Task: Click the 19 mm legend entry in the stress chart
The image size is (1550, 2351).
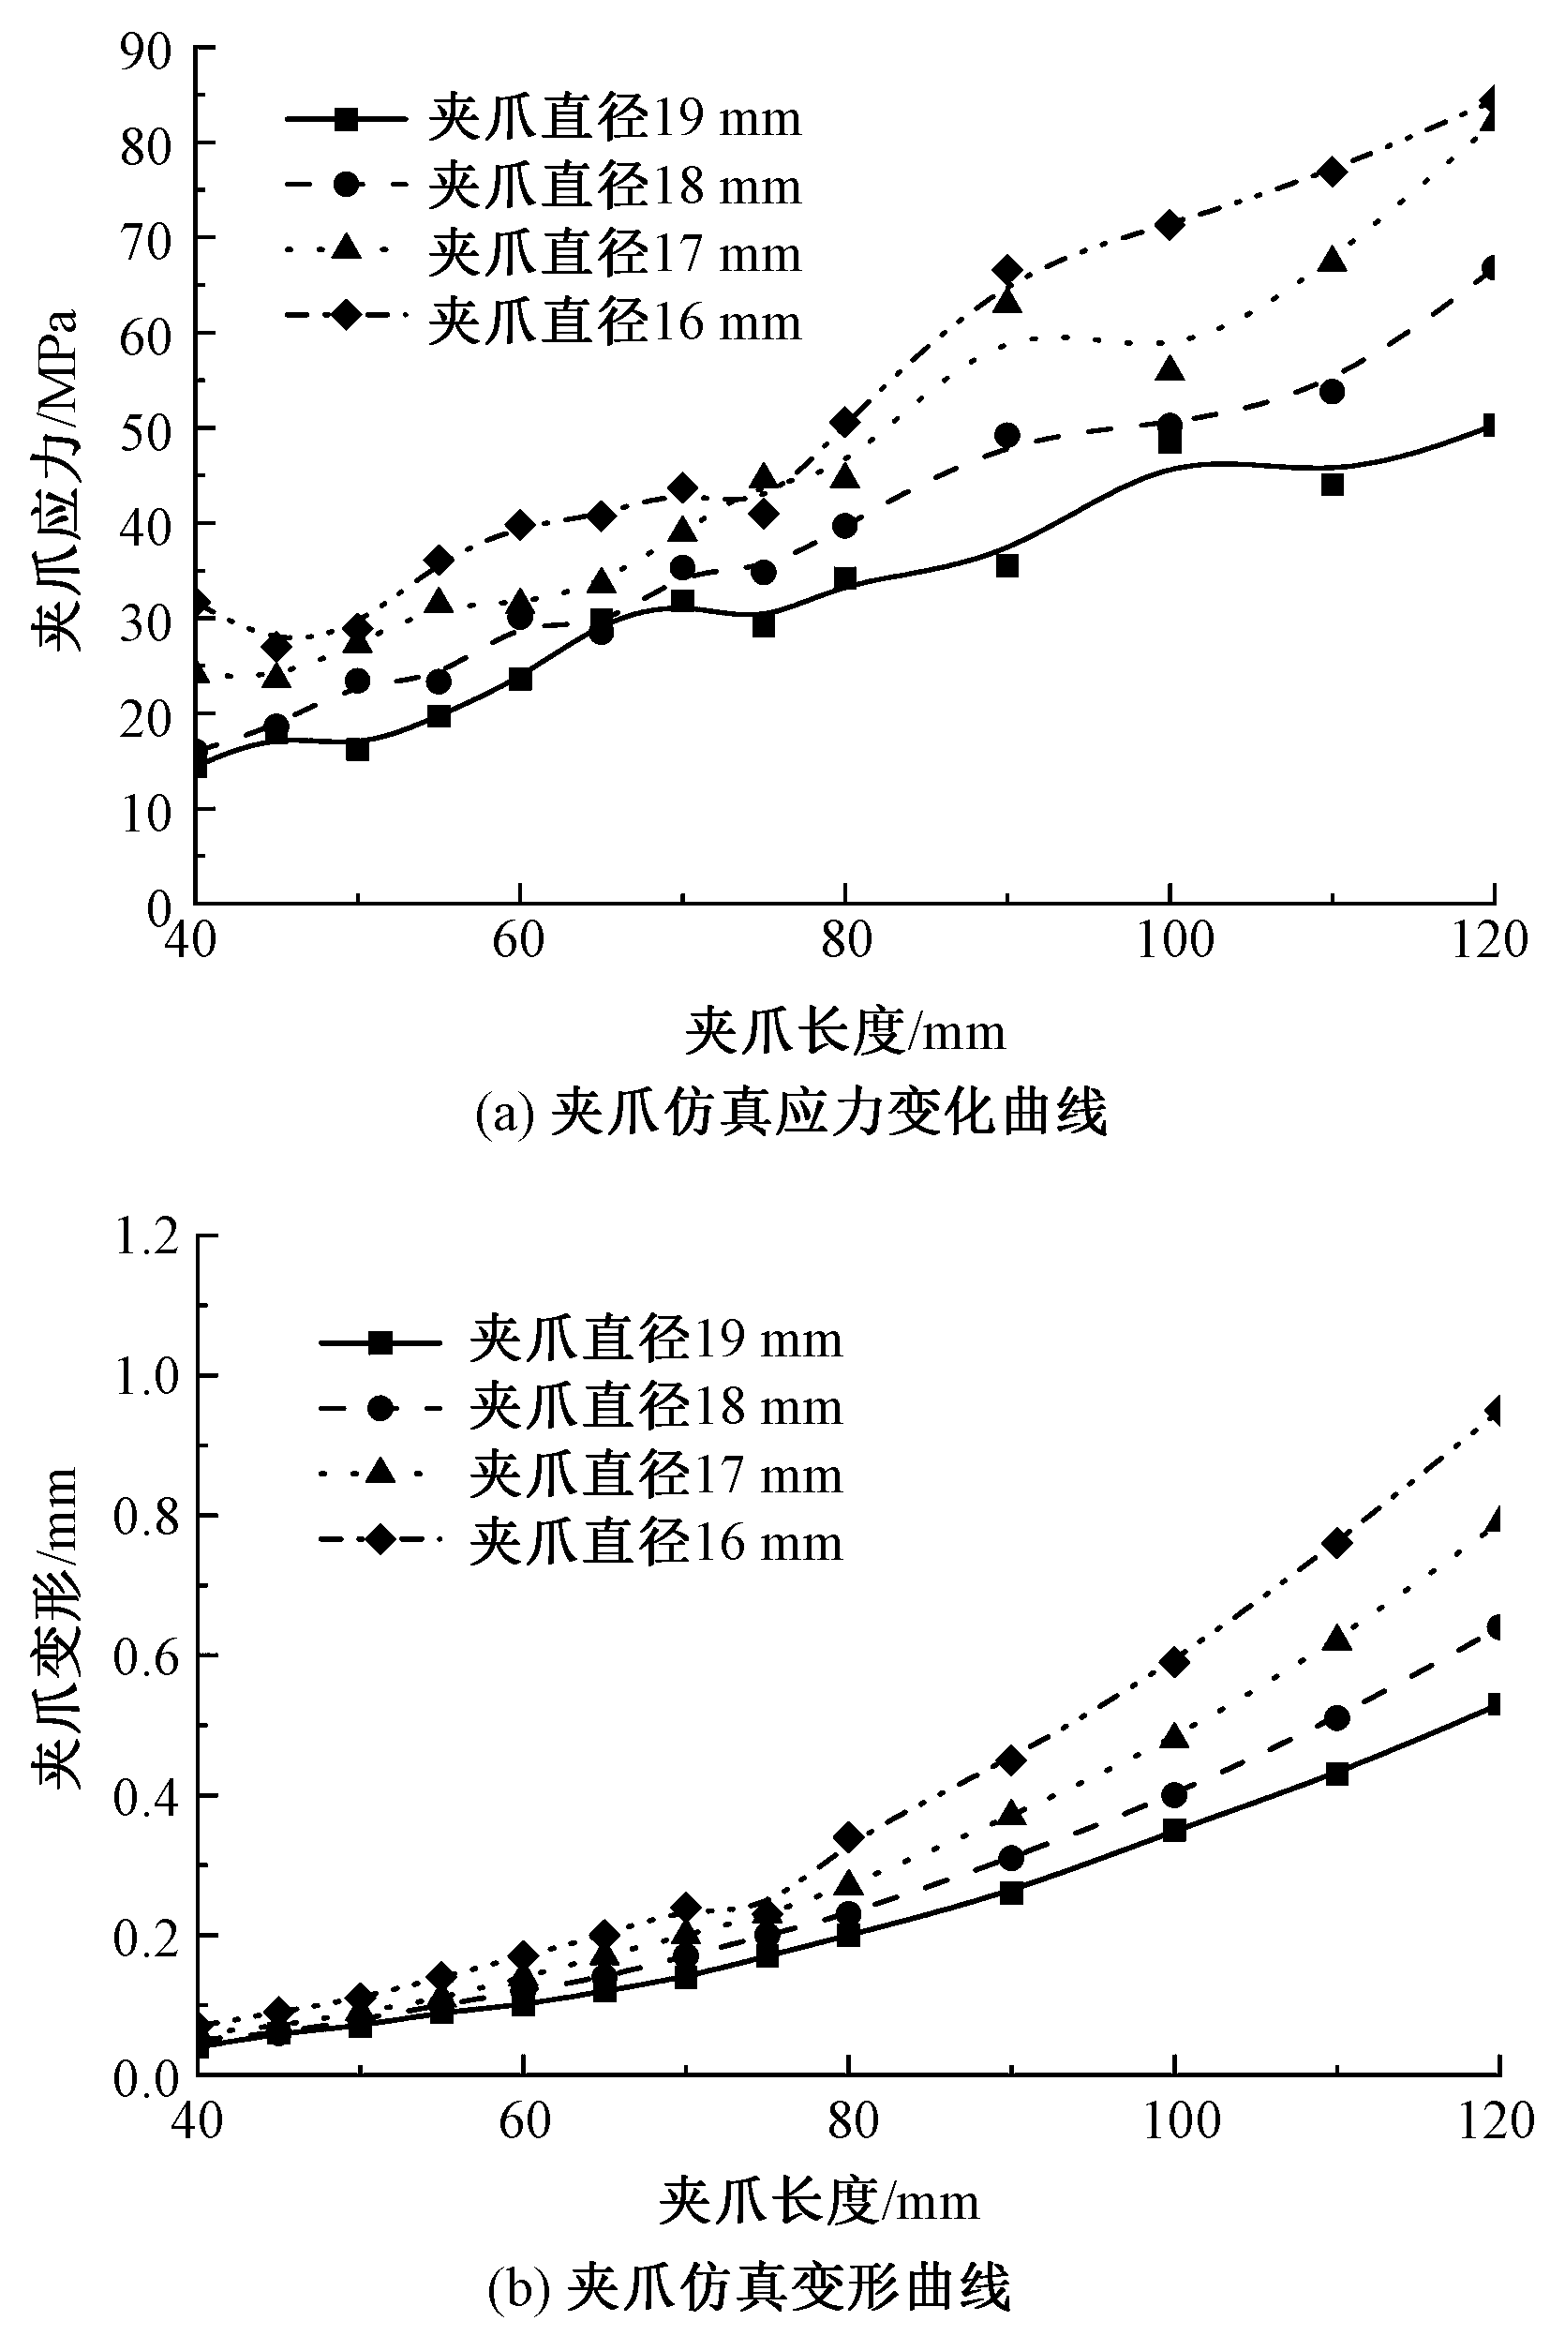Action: coord(544,119)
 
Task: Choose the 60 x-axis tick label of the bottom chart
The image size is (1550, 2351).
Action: coord(524,2120)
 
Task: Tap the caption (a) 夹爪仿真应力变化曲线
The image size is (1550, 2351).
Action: coord(791,1114)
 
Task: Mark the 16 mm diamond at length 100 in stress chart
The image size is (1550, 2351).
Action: coord(1170,225)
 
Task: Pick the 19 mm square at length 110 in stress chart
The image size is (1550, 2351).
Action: coord(1333,485)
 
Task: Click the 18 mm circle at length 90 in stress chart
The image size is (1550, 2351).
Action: coord(1007,435)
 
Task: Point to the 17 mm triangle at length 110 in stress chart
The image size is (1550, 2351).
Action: coord(1333,260)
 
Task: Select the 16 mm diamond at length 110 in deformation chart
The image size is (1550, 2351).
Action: coord(1336,1543)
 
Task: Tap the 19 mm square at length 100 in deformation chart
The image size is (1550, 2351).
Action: coord(1174,1829)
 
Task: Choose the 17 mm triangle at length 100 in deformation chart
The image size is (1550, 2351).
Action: coord(1174,1736)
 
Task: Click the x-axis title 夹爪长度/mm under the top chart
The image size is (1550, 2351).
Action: coord(846,1032)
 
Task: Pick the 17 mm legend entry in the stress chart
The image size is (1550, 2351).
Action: coord(544,254)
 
